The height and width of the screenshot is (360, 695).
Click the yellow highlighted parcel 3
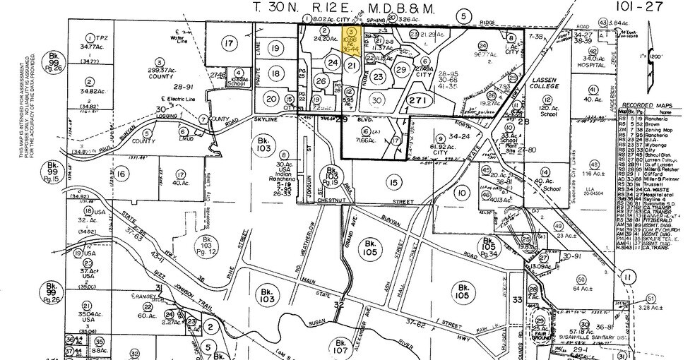click(352, 41)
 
